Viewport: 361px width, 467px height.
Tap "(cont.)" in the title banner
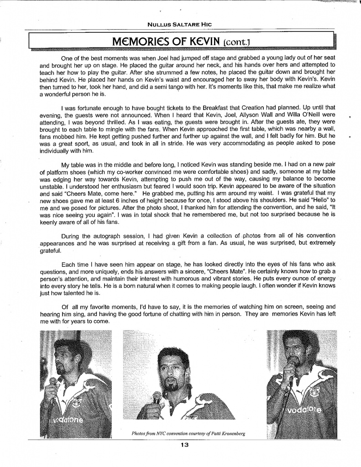tap(236, 42)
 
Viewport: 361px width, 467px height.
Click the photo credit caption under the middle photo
tap(188, 433)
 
